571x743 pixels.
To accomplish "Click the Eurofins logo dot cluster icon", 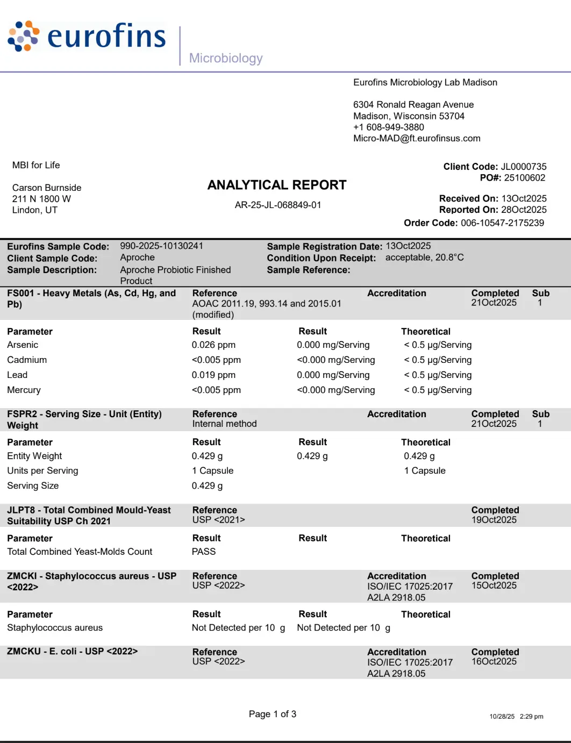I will tap(24, 36).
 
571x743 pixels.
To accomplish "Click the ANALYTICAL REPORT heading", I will tap(277, 185).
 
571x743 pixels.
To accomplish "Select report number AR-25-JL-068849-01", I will tap(277, 205).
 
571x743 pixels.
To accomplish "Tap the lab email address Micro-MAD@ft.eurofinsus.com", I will tap(417, 138).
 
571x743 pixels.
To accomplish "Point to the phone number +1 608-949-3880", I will tap(388, 127).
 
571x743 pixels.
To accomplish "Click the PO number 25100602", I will tap(524, 177).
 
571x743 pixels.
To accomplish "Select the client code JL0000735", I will tap(523, 167).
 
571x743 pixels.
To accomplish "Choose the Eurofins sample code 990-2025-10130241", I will tap(161, 246).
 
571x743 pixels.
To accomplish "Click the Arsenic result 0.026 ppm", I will tap(213, 345).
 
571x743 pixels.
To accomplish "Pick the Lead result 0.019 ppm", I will tap(213, 375).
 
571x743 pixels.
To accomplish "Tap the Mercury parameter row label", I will tap(24, 390).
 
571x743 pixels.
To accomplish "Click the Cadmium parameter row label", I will tap(27, 360).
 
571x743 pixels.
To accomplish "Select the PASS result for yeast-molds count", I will tap(204, 552).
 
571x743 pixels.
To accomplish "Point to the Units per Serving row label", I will tap(42, 470).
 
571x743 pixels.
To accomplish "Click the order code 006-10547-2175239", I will tap(502, 223).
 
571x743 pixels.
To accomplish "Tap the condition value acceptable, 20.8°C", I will tap(424, 258).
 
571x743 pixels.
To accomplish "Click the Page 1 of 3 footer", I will tap(273, 714).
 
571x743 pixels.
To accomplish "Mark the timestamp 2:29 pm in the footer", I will tap(531, 716).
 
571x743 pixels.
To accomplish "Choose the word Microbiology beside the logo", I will tap(226, 58).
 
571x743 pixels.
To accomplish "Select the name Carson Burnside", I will tap(47, 188).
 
